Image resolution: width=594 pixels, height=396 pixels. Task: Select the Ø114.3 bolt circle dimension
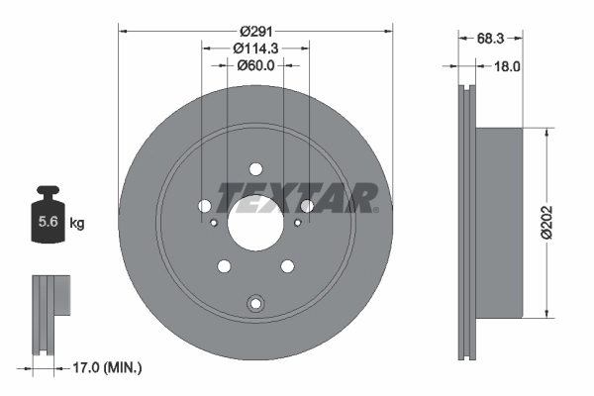(x=256, y=48)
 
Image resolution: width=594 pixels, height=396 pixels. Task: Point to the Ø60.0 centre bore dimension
(x=255, y=65)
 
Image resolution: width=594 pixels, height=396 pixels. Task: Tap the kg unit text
(x=77, y=224)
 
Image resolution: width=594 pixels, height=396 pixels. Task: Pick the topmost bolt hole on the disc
(x=256, y=168)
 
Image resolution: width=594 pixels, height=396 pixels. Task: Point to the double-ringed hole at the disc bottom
(x=256, y=303)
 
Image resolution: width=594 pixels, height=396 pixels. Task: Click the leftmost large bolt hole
(x=205, y=206)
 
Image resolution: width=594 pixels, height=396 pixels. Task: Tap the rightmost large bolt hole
(x=308, y=206)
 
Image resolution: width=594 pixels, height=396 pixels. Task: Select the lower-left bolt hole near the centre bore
(x=224, y=265)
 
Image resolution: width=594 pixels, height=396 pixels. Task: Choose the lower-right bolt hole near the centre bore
(x=288, y=265)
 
